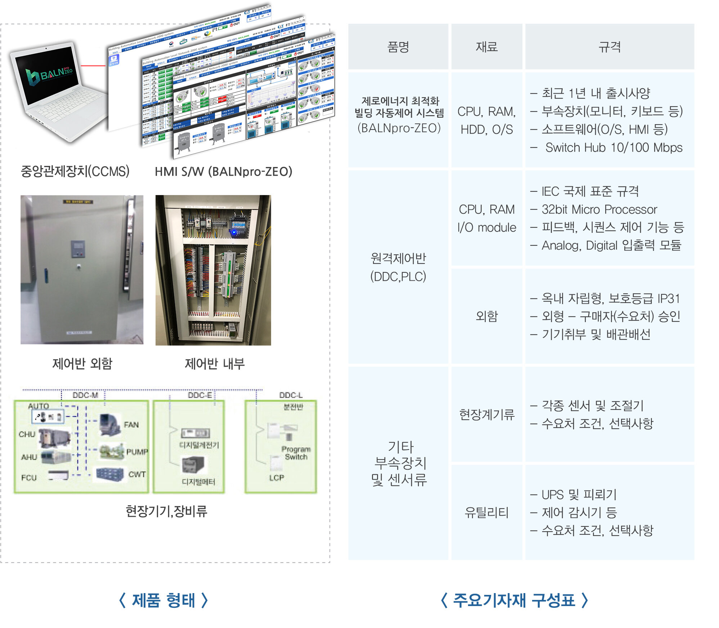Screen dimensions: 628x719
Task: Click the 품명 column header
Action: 398,47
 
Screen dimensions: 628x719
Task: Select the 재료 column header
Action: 486,47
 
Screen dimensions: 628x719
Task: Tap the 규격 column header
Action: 609,47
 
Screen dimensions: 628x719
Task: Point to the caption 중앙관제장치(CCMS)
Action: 75,171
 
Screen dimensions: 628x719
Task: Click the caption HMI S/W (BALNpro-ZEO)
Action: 223,172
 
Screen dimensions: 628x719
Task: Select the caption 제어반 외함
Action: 82,363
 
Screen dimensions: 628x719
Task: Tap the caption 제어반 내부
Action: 215,363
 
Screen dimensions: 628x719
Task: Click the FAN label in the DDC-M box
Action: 131,425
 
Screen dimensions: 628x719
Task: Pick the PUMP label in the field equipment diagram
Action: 137,452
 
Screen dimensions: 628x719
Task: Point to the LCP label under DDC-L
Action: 277,478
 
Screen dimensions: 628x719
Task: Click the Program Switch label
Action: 296,453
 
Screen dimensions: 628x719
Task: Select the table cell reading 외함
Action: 486,316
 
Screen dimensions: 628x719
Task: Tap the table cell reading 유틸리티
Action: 486,512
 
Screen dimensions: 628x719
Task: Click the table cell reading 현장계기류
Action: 486,415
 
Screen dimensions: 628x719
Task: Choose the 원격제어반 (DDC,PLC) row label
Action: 398,267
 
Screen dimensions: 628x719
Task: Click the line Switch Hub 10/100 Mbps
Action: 614,148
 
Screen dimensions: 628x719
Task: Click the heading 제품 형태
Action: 163,600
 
